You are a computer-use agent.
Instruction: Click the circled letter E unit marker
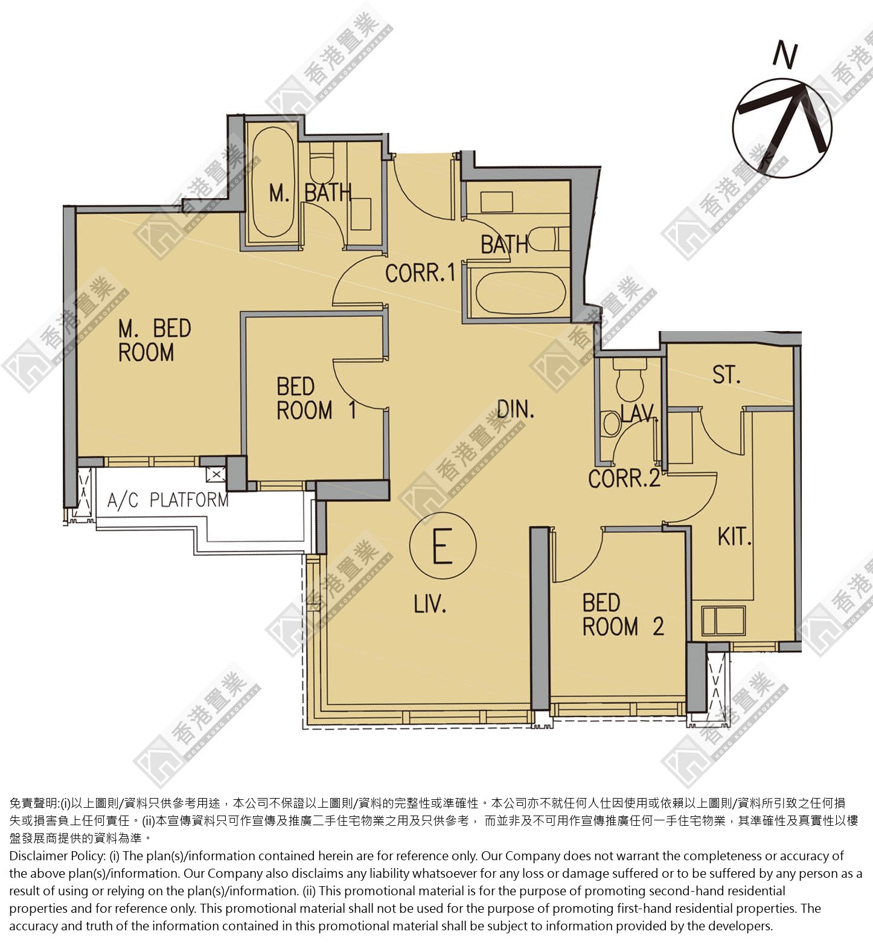[443, 546]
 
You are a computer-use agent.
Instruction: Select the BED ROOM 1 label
[316, 399]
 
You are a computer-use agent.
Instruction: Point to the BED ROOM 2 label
[623, 615]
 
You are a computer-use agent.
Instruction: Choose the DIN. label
[516, 410]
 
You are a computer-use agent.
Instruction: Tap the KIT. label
[734, 536]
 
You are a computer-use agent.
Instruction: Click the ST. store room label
[726, 375]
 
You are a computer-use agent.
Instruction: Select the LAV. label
[638, 413]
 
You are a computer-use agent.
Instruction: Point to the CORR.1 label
[420, 273]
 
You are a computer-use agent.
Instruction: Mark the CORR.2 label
[624, 478]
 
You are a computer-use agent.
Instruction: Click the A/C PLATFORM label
[168, 500]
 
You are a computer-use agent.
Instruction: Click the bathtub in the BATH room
[520, 293]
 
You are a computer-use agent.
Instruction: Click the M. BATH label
[310, 193]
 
